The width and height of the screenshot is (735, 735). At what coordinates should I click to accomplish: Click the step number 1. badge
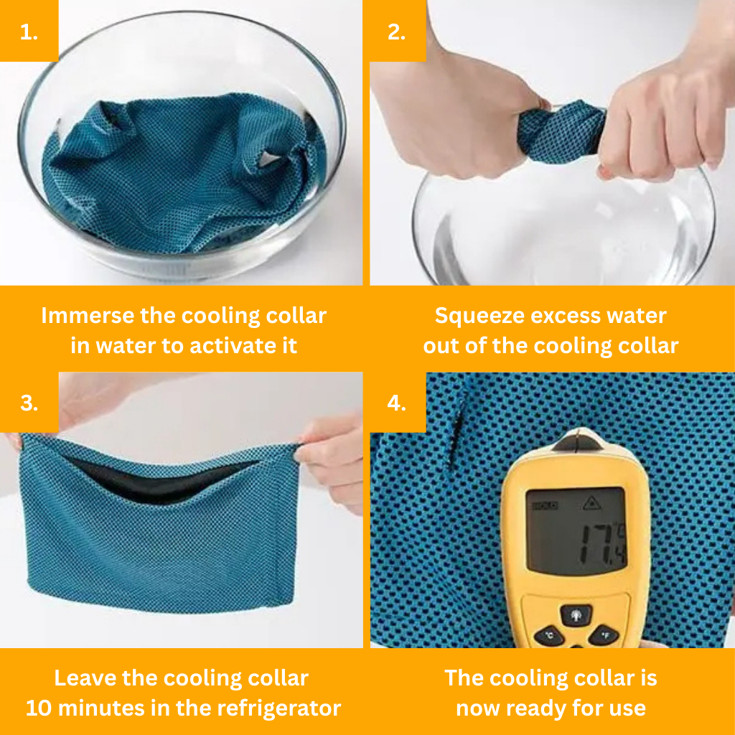29,30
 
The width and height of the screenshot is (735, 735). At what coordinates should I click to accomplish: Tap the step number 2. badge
398,30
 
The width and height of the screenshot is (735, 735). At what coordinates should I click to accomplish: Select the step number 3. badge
29,402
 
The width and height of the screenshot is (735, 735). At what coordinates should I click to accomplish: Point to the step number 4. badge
398,402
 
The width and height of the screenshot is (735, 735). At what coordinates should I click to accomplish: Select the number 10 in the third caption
39,708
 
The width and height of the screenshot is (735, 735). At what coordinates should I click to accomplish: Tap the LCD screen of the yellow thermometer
575,530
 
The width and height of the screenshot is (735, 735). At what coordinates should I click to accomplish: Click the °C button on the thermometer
549,636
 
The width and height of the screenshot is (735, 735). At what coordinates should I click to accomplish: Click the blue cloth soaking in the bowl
183,171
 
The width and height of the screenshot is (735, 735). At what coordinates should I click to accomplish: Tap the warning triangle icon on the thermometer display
591,504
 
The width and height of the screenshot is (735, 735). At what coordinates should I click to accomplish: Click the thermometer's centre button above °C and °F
576,614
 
